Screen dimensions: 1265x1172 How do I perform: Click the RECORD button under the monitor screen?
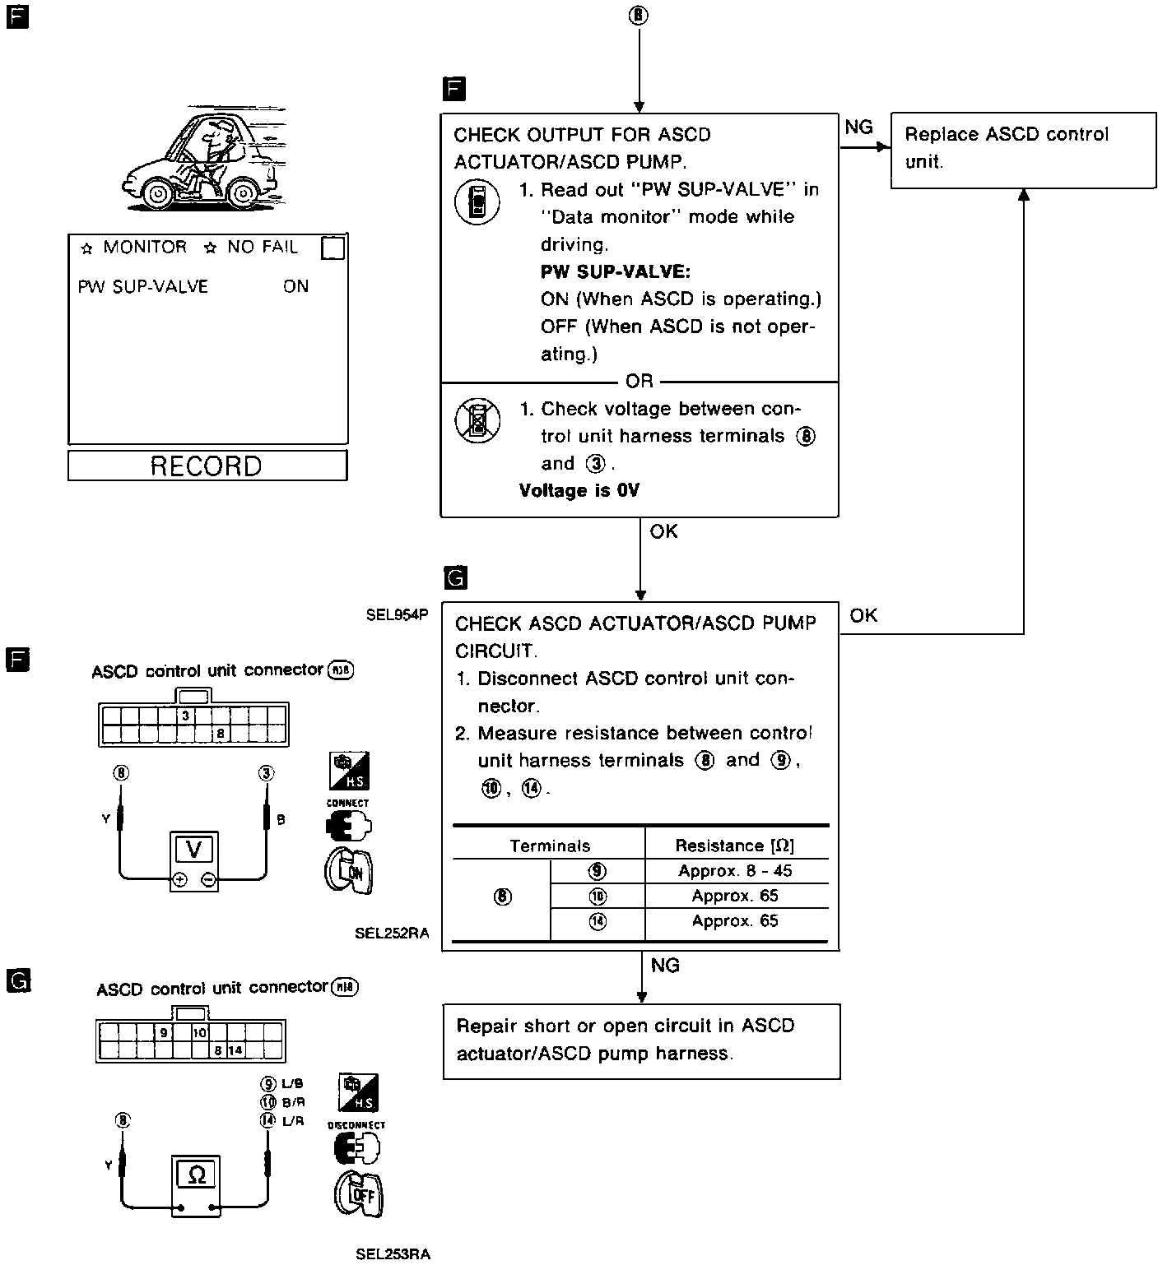click(207, 466)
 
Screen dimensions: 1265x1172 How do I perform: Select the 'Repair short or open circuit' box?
click(641, 1040)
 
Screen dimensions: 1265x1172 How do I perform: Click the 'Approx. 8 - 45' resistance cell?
click(735, 871)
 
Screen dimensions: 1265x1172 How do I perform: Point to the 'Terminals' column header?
click(549, 846)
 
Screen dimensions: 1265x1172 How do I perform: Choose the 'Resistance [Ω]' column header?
click(735, 846)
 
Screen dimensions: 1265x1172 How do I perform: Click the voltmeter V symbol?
click(194, 850)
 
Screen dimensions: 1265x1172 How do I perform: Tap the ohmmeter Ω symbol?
click(197, 1175)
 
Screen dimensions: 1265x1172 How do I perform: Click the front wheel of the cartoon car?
click(156, 194)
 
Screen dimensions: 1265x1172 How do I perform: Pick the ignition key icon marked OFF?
click(359, 1194)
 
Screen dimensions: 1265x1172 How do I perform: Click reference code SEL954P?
click(398, 614)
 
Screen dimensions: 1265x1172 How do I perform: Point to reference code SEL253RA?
click(393, 1254)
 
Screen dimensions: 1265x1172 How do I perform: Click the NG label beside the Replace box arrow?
click(858, 127)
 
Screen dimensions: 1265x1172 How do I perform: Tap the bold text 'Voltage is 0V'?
click(579, 491)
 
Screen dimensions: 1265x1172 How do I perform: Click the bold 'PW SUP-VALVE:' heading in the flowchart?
click(615, 271)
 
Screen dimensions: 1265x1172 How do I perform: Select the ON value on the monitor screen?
click(295, 286)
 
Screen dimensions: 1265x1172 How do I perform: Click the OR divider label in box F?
click(639, 382)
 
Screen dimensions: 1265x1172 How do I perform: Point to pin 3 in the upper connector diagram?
click(186, 716)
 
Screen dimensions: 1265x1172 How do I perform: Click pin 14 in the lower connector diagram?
click(235, 1050)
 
